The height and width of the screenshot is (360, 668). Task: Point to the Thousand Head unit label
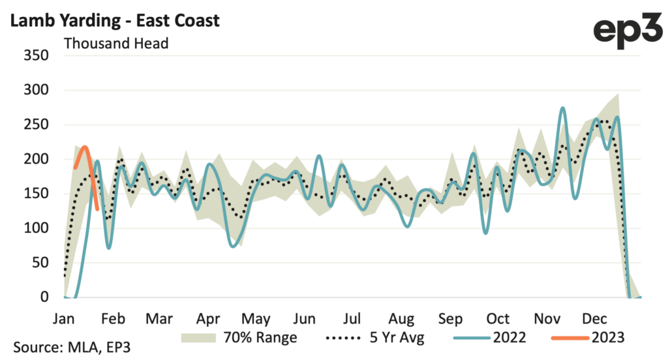(115, 44)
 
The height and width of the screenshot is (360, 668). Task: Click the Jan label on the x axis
(64, 319)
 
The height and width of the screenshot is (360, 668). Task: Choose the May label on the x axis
(256, 319)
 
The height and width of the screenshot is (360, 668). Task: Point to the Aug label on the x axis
(401, 319)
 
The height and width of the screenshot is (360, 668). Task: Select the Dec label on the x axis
(595, 319)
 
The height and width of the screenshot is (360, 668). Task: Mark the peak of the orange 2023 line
(85, 147)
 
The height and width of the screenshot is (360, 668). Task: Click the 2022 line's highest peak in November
(563, 108)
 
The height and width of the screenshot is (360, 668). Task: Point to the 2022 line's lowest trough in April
(234, 247)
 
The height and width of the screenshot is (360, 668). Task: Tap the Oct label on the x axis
(498, 319)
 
